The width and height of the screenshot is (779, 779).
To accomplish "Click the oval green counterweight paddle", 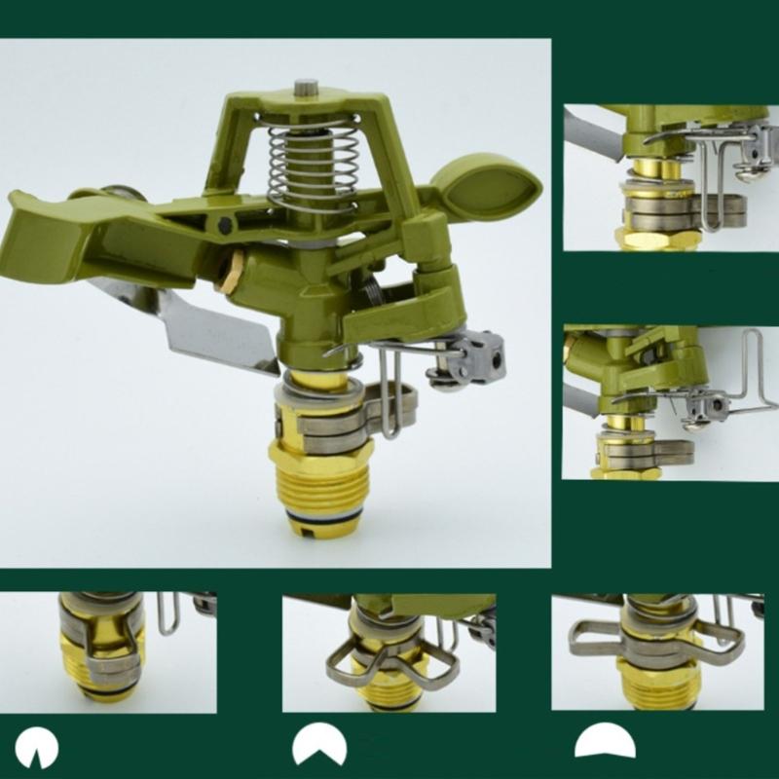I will click(484, 185).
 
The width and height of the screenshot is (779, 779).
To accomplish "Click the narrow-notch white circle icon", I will click(36, 748).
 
